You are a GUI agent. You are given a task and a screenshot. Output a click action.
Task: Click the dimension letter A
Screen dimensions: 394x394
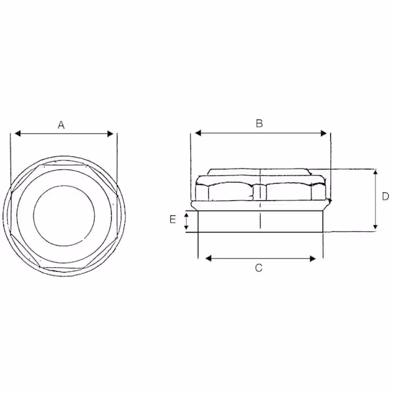coord(61,125)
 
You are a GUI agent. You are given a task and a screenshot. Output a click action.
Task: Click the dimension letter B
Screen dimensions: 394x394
coord(259,123)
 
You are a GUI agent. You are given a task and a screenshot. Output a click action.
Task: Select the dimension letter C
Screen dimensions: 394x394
coord(259,268)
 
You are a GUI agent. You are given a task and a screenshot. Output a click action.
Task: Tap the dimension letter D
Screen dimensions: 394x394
coord(385,196)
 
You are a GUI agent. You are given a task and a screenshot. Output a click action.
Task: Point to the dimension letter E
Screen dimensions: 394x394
coord(173,219)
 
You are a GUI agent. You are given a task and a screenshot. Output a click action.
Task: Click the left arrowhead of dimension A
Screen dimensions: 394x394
coord(18,133)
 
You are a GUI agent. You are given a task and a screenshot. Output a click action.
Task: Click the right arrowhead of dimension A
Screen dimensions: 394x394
coord(110,134)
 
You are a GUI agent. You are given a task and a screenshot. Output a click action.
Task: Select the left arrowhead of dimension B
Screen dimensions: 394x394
coord(198,133)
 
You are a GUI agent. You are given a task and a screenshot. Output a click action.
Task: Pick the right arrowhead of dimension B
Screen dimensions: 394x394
coord(324,133)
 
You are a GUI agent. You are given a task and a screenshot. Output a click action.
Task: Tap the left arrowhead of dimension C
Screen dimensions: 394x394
coord(209,258)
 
